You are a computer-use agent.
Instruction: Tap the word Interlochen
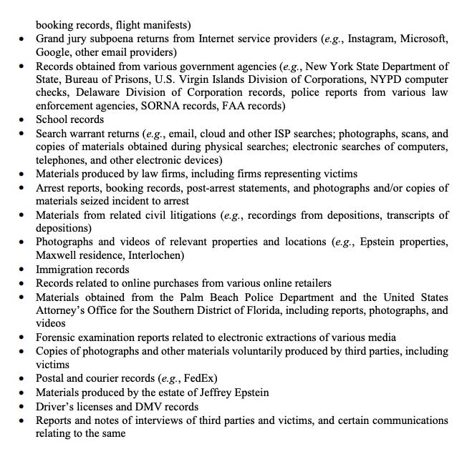tap(163, 256)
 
